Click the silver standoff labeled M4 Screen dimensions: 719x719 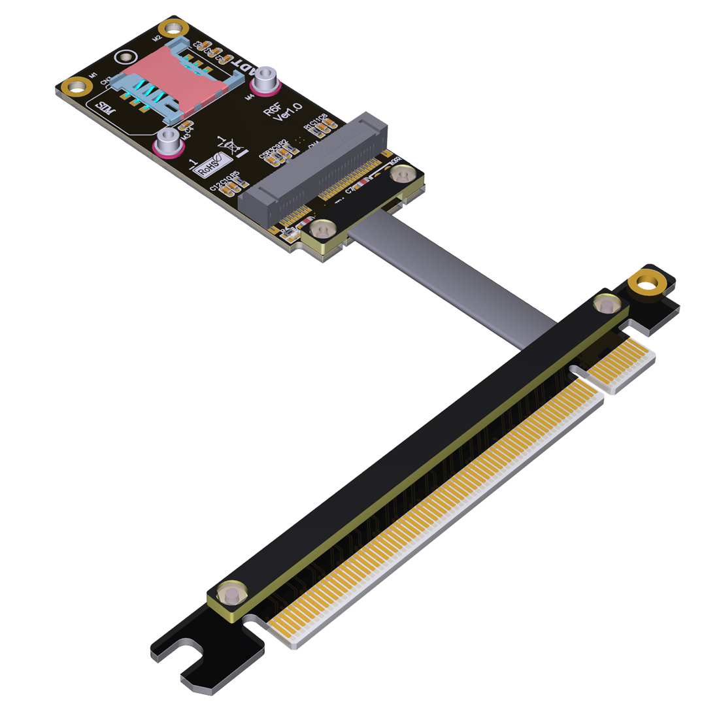(266, 80)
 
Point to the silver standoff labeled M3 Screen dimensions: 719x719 (168, 139)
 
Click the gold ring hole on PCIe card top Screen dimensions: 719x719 (646, 285)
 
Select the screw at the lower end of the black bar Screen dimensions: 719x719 (229, 595)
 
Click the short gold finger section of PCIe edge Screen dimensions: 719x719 (621, 363)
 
